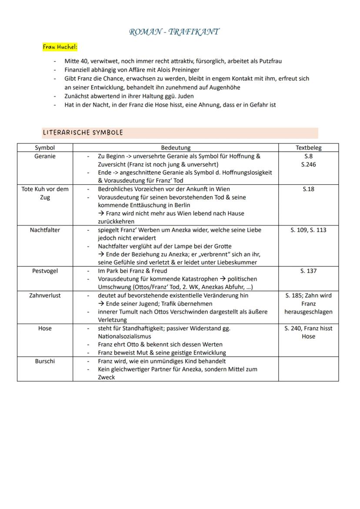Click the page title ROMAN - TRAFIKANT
(174, 32)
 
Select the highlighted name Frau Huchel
(60, 47)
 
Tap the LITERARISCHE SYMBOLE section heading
(83, 133)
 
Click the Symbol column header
(45, 148)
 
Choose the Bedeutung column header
(176, 148)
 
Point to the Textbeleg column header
(308, 148)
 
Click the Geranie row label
(45, 156)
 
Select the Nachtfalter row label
(45, 230)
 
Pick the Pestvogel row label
(45, 271)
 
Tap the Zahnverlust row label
(45, 296)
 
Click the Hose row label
(45, 329)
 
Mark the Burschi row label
(45, 361)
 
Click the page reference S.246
(308, 164)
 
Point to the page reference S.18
(308, 189)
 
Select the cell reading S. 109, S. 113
(308, 230)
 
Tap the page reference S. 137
(308, 271)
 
